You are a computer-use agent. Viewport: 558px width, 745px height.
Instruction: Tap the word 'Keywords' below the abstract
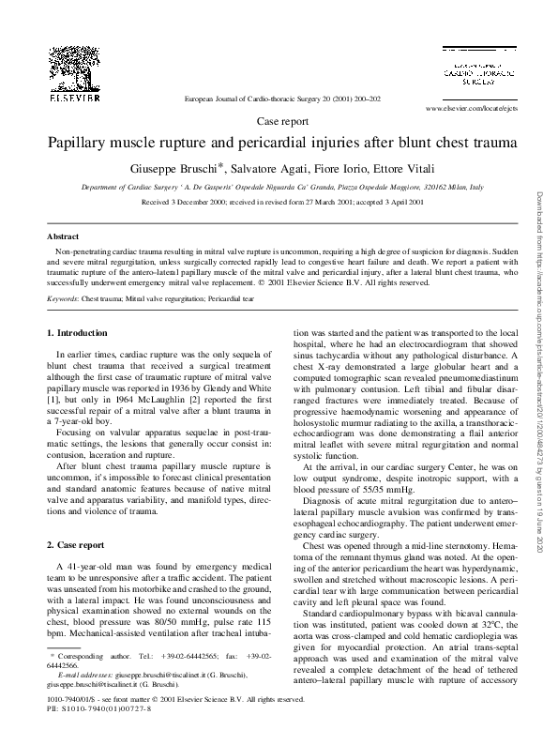[63, 298]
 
